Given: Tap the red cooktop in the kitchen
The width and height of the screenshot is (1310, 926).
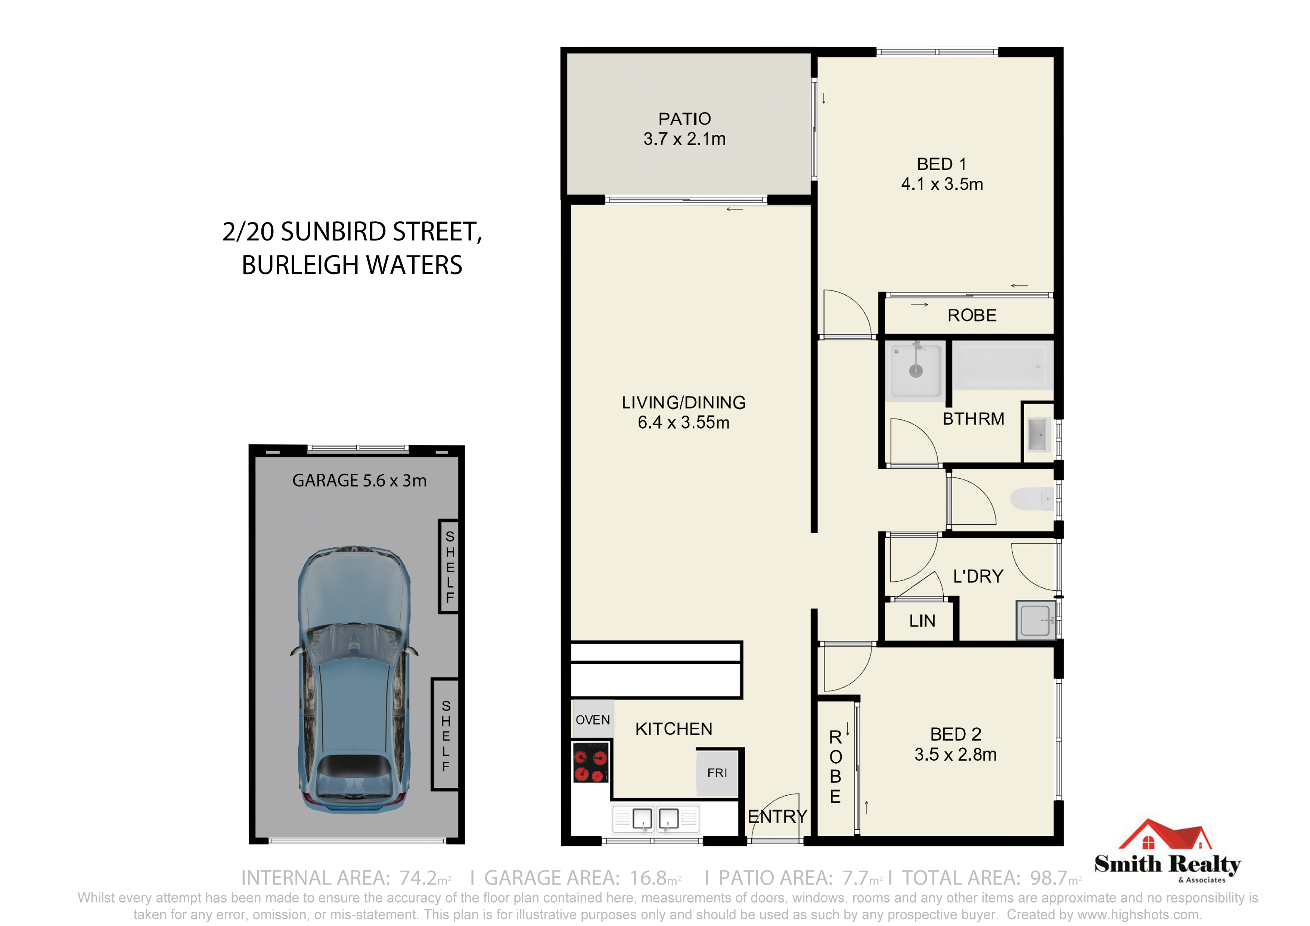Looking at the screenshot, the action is click(590, 762).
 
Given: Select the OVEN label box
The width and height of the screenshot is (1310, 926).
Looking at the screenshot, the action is click(593, 720).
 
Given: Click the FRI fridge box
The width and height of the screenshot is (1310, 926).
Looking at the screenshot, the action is click(717, 773).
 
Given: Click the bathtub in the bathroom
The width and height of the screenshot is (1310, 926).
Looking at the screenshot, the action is click(1002, 365).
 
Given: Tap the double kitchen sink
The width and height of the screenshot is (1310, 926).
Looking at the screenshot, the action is click(656, 819).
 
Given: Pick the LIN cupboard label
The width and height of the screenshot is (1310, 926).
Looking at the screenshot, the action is click(922, 621).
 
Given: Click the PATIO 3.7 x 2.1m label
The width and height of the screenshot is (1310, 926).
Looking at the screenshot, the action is click(685, 129).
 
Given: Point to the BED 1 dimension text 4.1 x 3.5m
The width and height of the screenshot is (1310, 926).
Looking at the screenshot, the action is click(942, 184).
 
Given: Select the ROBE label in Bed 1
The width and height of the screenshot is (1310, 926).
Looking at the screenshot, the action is click(972, 316).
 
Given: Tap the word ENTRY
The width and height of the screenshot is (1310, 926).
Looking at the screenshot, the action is click(777, 817).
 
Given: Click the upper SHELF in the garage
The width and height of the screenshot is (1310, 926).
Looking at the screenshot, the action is click(449, 566).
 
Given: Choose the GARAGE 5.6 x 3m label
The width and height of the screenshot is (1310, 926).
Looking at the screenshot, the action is click(360, 481).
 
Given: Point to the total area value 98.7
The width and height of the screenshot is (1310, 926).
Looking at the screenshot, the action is click(1048, 877).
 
